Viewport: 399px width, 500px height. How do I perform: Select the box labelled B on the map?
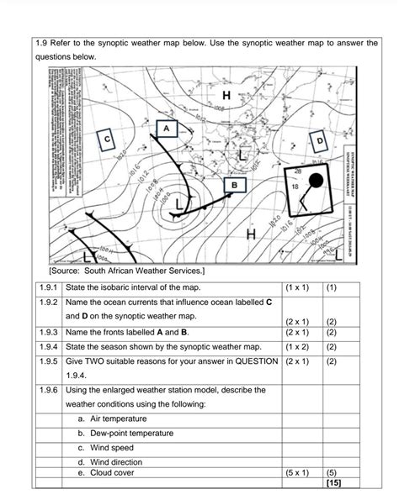pos(235,184)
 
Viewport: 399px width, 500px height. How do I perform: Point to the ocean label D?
pos(320,139)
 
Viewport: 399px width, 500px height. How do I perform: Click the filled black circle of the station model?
pos(315,181)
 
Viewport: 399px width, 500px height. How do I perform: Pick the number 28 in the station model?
pos(297,171)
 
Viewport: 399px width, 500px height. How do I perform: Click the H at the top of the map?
pos(226,97)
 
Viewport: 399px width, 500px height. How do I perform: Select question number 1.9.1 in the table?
pos(47,287)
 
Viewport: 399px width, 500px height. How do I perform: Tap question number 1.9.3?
pos(47,332)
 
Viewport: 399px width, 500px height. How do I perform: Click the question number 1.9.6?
pos(47,390)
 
